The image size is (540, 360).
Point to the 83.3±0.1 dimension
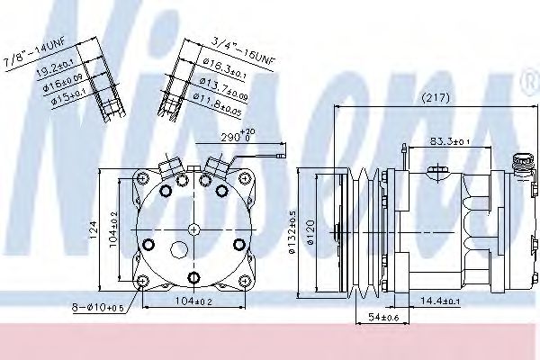[x=450, y=140]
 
